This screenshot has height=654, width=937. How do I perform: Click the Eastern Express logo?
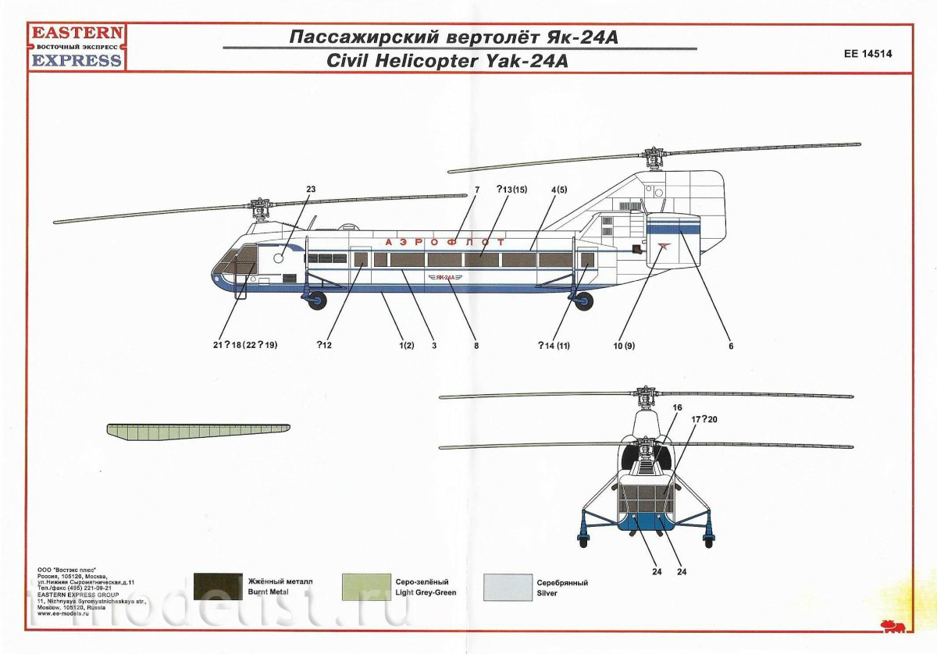point(75,47)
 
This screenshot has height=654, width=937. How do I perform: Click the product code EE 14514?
point(868,55)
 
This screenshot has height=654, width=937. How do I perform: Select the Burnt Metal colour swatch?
point(218,587)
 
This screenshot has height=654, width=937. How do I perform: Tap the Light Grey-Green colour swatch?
point(366,587)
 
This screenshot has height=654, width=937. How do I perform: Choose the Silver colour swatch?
point(508,587)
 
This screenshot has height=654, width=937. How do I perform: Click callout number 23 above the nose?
point(310,189)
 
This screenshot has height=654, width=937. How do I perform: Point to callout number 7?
point(476,190)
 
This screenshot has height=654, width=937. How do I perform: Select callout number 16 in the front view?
point(677,407)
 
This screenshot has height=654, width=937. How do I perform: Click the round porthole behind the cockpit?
point(278,258)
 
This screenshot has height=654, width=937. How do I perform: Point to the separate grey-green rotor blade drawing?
point(198,431)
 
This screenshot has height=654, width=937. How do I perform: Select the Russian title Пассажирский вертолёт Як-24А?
point(454,37)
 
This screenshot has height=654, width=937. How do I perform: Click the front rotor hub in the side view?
point(259,208)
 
